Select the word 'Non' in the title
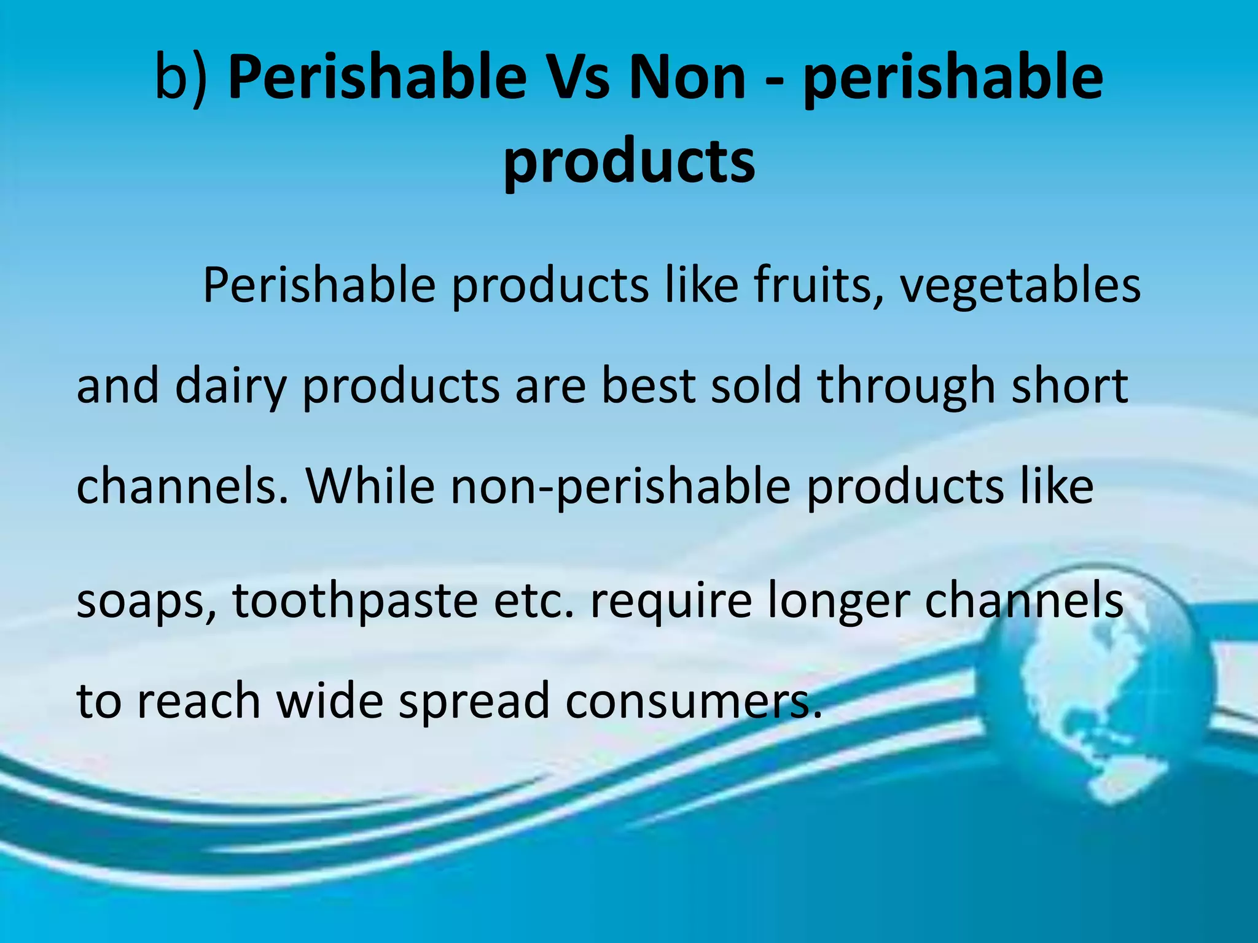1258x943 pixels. coord(688,77)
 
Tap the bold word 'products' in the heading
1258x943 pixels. coord(629,161)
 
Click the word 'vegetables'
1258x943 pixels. coord(1020,286)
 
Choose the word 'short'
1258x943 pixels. coord(1069,386)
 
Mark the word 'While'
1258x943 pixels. coord(370,486)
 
